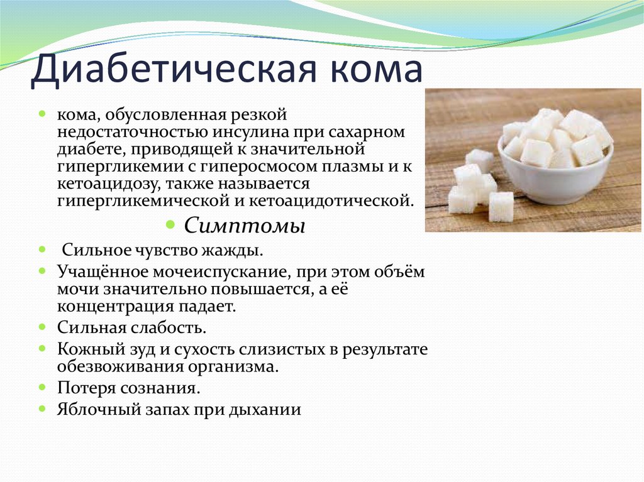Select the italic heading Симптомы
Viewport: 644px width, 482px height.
click(245, 225)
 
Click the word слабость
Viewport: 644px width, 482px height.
click(169, 327)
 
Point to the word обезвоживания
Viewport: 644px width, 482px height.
click(120, 366)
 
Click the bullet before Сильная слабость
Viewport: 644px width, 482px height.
click(42, 327)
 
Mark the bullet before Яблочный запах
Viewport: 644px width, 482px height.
click(42, 409)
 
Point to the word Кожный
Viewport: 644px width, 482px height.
click(86, 349)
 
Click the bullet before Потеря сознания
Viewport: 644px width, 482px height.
click(42, 387)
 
